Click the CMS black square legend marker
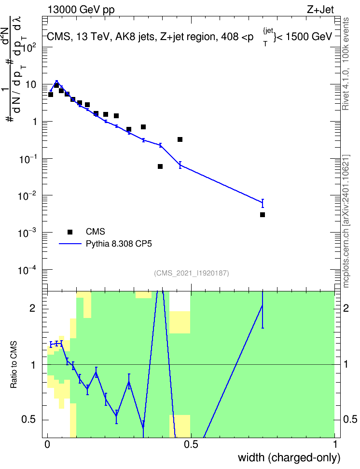[x=70, y=232]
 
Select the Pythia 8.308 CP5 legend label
[x=119, y=244]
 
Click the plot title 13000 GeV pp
[x=81, y=10]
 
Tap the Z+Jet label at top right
[x=320, y=10]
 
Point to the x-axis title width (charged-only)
[x=289, y=457]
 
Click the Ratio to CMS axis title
[x=14, y=365]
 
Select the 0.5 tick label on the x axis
[x=191, y=444]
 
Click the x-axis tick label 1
[x=335, y=444]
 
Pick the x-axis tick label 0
[x=47, y=444]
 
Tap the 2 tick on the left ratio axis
[x=32, y=308]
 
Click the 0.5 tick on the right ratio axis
[x=350, y=419]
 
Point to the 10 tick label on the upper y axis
[x=30, y=84]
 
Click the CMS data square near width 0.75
[x=263, y=215]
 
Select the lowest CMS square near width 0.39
[x=160, y=166]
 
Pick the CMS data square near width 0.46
[x=180, y=139]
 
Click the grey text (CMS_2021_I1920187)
[x=192, y=273]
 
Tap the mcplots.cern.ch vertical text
[x=346, y=221]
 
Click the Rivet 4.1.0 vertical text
[x=346, y=64]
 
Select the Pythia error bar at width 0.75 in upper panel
[x=263, y=204]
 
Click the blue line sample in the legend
[x=70, y=244]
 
